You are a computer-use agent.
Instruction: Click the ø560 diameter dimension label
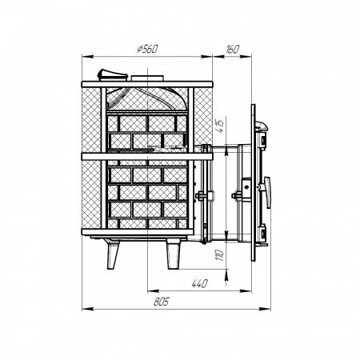click(147, 50)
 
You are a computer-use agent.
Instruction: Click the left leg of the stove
click(114, 255)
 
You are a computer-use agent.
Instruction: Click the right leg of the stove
click(172, 255)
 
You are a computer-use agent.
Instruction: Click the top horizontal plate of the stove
click(147, 82)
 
